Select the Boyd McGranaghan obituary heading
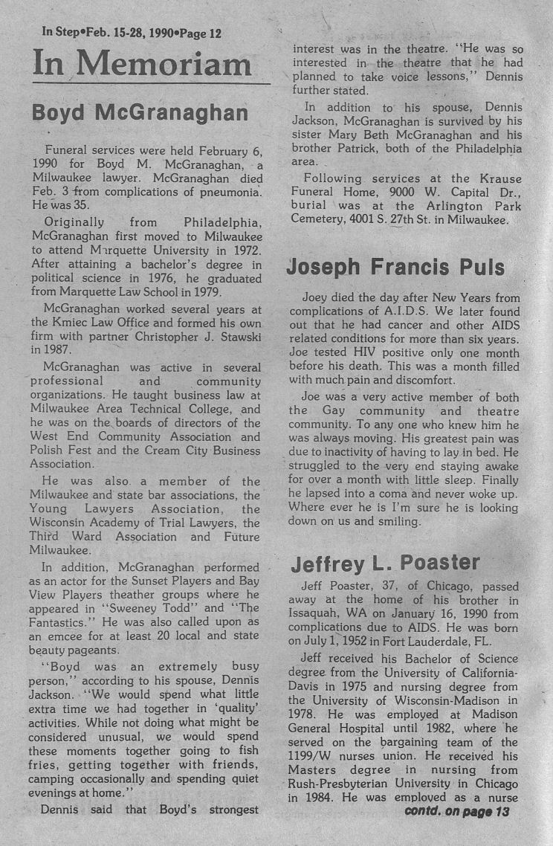pyautogui.click(x=140, y=113)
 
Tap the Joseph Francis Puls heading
pyautogui.click(x=395, y=267)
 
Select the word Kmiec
pyautogui.click(x=71, y=321)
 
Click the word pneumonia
pyautogui.click(x=228, y=193)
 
